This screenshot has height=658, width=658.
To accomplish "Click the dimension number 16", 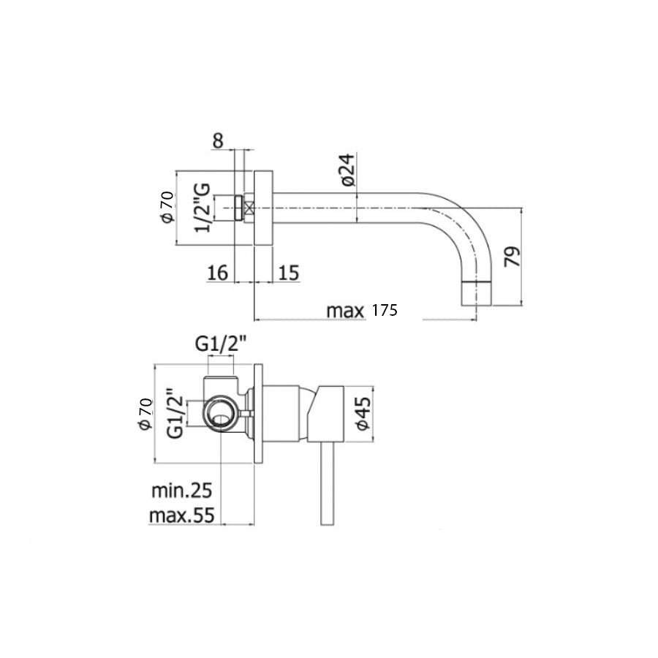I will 218,273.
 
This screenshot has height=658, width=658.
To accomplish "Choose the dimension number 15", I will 289,273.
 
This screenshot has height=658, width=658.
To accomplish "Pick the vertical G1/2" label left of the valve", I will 174,413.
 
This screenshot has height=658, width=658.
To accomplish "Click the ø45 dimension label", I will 363,413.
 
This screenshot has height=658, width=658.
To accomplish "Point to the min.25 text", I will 182,488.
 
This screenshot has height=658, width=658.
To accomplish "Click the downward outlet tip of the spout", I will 477,294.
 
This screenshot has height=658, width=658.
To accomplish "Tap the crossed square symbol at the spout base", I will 249,208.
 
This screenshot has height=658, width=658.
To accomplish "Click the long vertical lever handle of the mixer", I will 326,483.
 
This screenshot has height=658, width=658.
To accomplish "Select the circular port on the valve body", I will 221,415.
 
